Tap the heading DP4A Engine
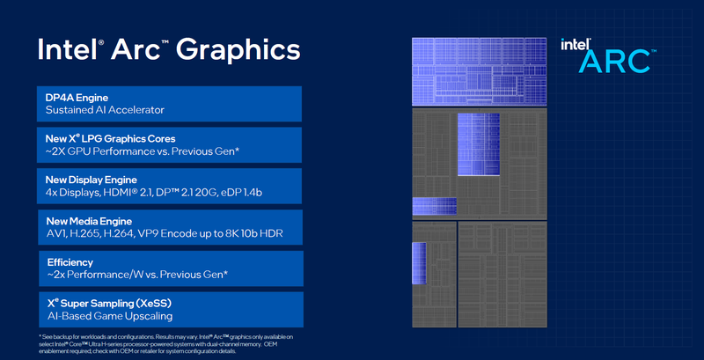pyautogui.click(x=84, y=97)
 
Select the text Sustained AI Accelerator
pyautogui.click(x=105, y=111)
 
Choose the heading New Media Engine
pyautogui.click(x=92, y=221)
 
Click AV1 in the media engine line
pyautogui.click(x=57, y=235)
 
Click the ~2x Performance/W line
pyautogui.click(x=136, y=276)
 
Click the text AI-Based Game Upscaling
pyautogui.click(x=109, y=317)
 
